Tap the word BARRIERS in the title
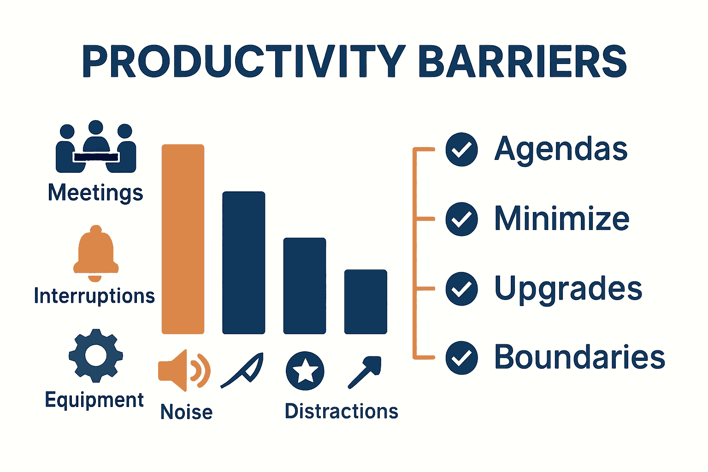(x=523, y=61)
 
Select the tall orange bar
(x=183, y=239)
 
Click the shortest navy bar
(x=366, y=301)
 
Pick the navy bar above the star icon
(x=305, y=286)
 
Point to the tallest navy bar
(x=244, y=263)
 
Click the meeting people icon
(x=96, y=147)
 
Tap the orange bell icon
(x=96, y=253)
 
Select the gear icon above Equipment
(x=96, y=355)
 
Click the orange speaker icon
(x=184, y=370)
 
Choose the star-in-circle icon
(x=305, y=371)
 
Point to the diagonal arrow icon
(x=365, y=372)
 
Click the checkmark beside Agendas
(x=461, y=149)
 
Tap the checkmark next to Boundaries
(x=461, y=358)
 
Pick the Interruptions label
(x=94, y=295)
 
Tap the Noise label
(x=187, y=412)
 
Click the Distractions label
(x=342, y=411)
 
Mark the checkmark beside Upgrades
(x=461, y=289)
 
